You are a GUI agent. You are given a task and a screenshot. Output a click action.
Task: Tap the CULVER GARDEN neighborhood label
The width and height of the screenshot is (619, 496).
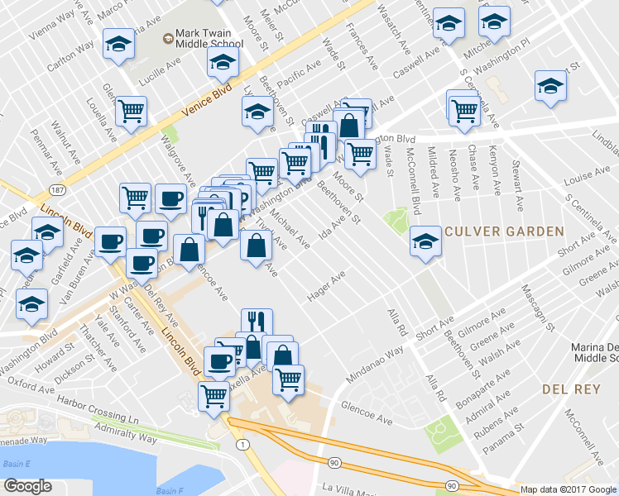tap(506, 232)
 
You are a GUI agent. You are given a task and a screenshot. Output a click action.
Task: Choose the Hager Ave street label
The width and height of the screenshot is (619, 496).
tap(326, 289)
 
